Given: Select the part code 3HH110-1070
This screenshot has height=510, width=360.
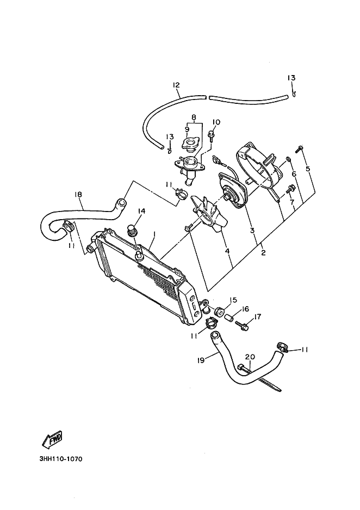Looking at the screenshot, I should (61, 458).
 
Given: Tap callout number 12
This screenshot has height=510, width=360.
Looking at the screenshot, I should (176, 85).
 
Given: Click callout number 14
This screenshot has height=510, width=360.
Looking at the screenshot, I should (141, 211).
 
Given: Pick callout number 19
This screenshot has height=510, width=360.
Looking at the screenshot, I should (201, 360).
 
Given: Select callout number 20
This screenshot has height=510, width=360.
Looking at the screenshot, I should (250, 357).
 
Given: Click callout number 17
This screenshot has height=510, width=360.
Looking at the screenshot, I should (258, 316).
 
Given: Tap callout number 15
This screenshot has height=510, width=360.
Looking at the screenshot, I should (233, 300).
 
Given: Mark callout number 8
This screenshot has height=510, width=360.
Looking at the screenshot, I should (193, 117).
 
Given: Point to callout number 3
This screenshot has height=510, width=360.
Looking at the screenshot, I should (252, 231).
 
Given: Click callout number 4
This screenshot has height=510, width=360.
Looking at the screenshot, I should (227, 251).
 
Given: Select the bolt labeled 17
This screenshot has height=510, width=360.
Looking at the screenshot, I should (243, 327).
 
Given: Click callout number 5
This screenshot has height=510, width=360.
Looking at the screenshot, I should (308, 169).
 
